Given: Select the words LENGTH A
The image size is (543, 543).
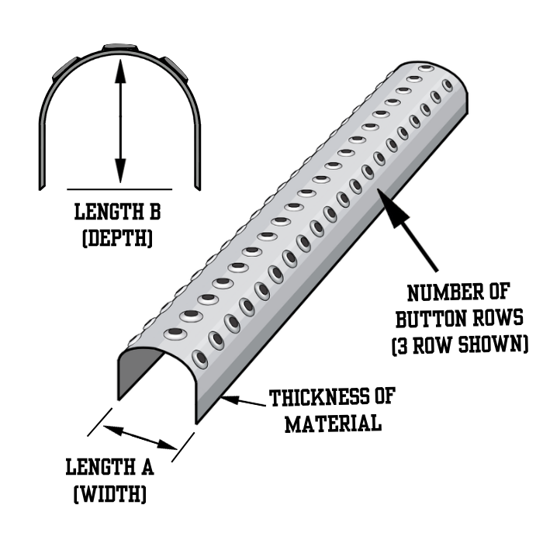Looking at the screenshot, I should coord(109,468).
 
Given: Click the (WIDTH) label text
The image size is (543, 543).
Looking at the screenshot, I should coord(109,493).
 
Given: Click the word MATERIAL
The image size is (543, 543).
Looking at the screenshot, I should coord(332,424).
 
